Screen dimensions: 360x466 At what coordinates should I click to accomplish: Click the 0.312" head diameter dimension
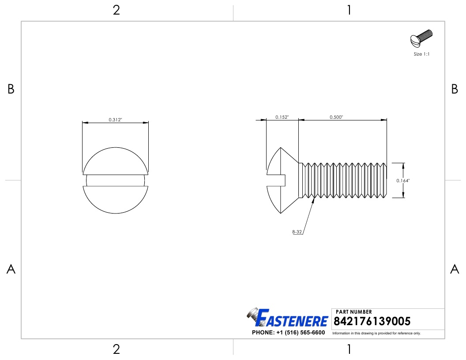point(115,120)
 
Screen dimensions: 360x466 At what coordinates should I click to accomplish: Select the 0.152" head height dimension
point(282,117)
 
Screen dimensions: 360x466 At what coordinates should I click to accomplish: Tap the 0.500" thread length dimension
point(336,117)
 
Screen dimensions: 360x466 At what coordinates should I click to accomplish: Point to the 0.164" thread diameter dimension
point(402,180)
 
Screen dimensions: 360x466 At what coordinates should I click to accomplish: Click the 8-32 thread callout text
point(297,232)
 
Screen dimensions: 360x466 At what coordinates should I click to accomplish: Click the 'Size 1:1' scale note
point(421,54)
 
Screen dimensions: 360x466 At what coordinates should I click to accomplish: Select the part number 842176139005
point(373,321)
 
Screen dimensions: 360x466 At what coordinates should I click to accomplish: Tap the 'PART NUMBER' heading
point(354,312)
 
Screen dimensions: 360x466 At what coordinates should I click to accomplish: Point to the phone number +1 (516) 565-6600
point(288,333)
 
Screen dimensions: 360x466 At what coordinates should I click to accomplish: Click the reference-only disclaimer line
point(376,333)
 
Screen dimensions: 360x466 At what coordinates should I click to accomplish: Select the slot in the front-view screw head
point(116,180)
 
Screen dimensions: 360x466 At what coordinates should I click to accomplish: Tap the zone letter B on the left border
point(11,89)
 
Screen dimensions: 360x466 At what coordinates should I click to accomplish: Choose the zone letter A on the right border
point(455,269)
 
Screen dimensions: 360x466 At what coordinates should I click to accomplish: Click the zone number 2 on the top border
point(116,10)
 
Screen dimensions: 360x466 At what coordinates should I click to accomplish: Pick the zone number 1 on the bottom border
point(349,349)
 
